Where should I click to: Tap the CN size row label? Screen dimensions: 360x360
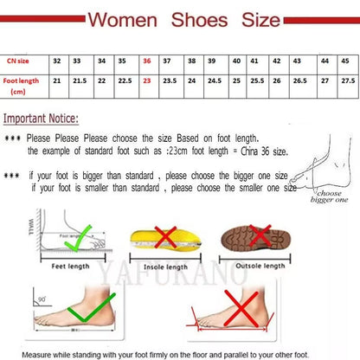point(16,61)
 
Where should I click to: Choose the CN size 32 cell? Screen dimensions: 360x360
point(56,61)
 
